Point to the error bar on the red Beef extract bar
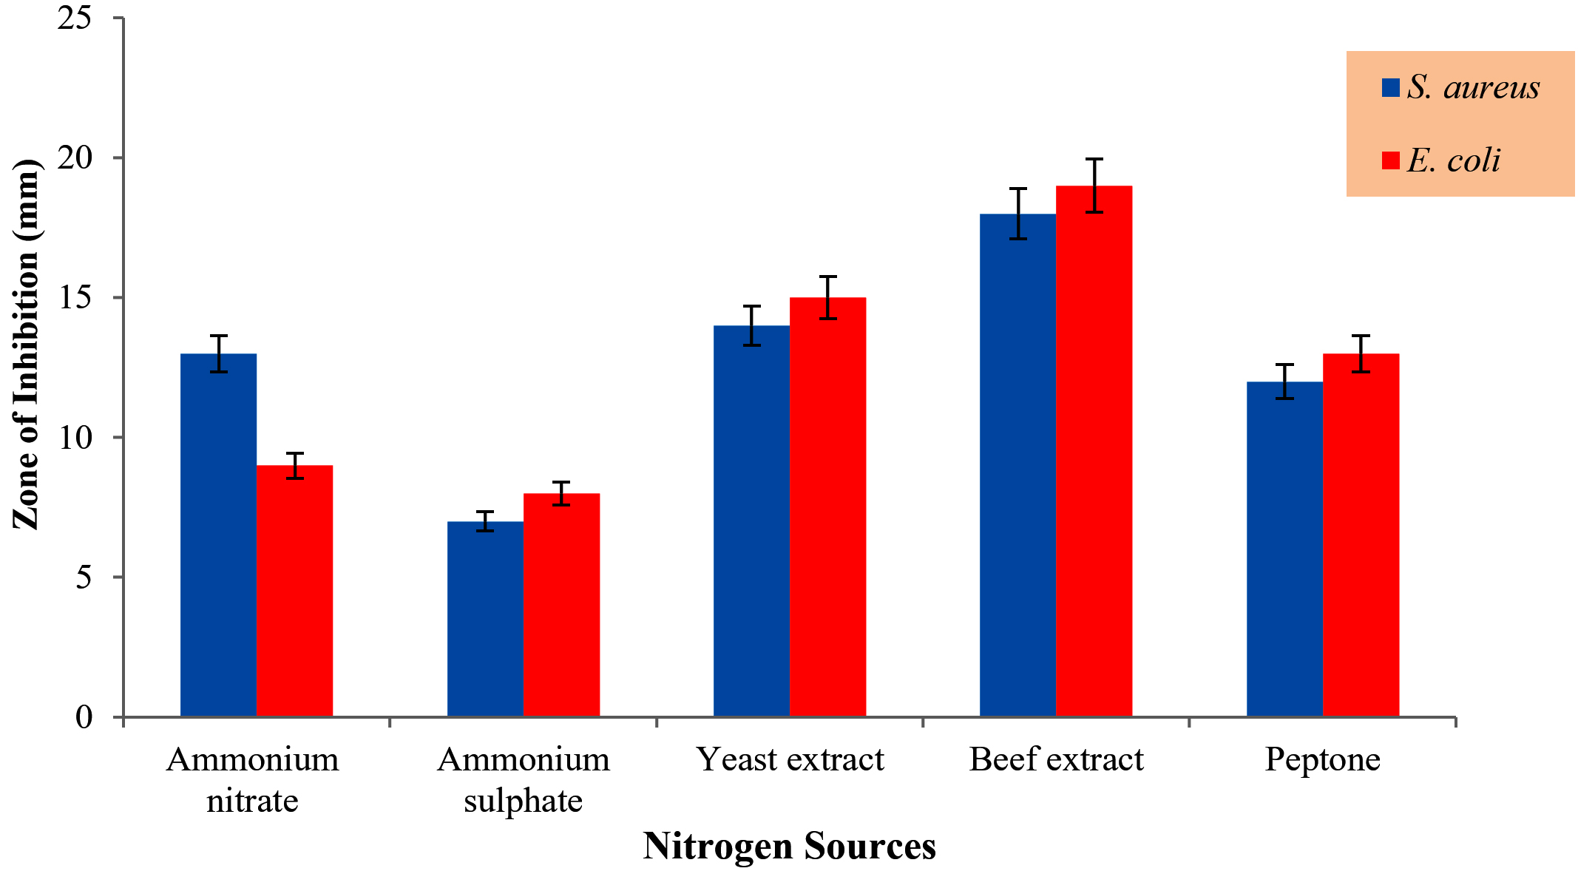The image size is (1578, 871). [1094, 186]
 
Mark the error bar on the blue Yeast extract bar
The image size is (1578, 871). [752, 325]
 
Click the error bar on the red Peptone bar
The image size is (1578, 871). [1361, 353]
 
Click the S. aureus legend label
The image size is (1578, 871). [1473, 87]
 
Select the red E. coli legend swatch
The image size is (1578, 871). [1391, 160]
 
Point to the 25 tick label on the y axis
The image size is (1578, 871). [75, 18]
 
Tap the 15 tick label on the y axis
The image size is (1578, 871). [75, 297]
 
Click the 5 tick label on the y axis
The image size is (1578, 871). [84, 577]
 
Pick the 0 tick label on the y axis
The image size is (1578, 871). [84, 716]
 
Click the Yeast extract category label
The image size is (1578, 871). [790, 759]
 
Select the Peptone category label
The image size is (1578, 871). [1322, 759]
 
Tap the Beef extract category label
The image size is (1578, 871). [1056, 759]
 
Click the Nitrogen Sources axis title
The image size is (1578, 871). [789, 846]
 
